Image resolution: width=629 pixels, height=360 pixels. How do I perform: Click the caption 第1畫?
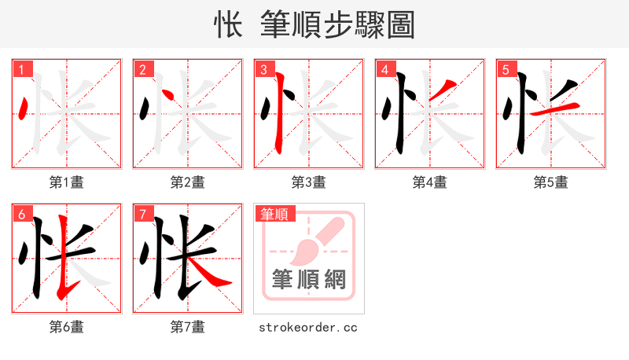(67, 182)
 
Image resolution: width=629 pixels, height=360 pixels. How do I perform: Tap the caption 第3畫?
(309, 182)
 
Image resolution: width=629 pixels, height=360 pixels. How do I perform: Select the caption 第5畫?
(551, 182)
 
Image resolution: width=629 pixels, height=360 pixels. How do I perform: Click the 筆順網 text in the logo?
(308, 280)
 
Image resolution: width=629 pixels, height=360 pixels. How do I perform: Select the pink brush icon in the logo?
(314, 240)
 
